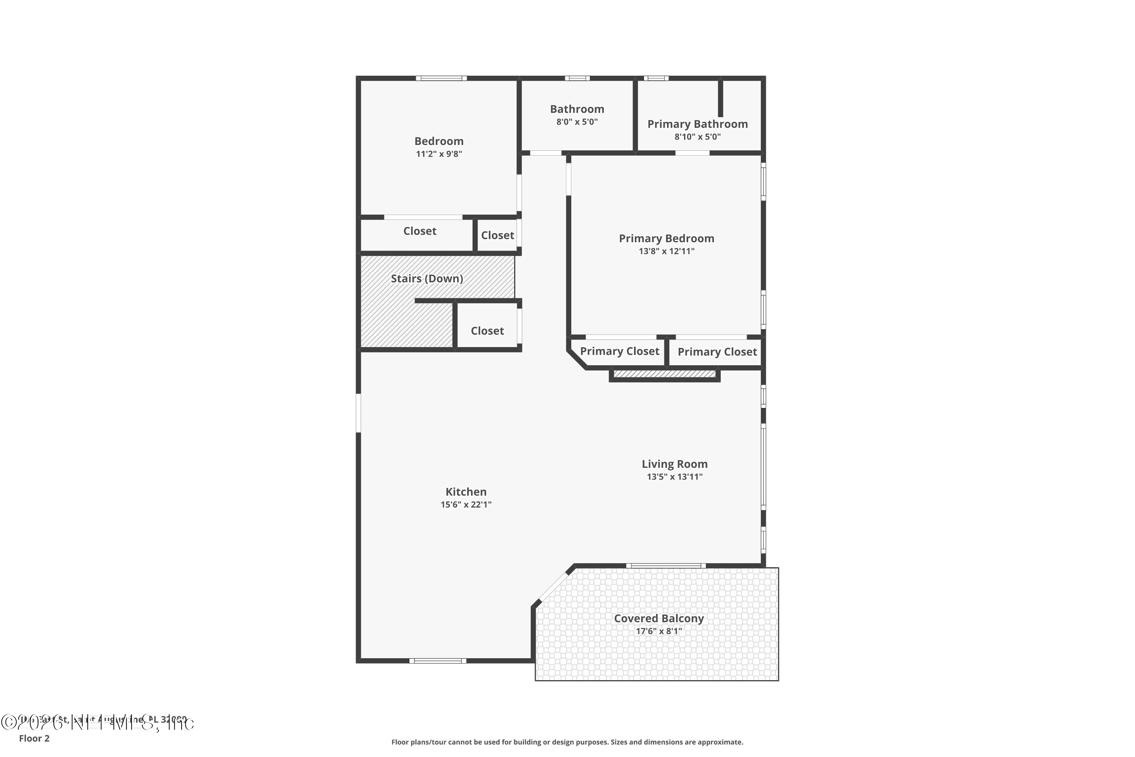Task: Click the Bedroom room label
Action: (x=438, y=141)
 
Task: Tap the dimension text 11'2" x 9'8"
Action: (x=438, y=154)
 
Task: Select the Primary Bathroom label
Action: (x=697, y=124)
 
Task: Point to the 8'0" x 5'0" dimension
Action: (x=577, y=121)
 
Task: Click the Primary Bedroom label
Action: (x=666, y=238)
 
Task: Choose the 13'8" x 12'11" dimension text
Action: (x=666, y=251)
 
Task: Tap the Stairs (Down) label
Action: (x=427, y=279)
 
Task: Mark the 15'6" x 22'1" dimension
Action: (x=466, y=505)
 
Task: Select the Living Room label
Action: (x=674, y=464)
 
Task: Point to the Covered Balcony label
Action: (x=659, y=618)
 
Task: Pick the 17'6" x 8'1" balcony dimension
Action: (x=659, y=631)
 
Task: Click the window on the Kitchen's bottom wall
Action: (x=438, y=661)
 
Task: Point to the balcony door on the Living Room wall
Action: (x=666, y=565)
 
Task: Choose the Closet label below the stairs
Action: (x=487, y=331)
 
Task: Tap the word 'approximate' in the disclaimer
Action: (x=717, y=742)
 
